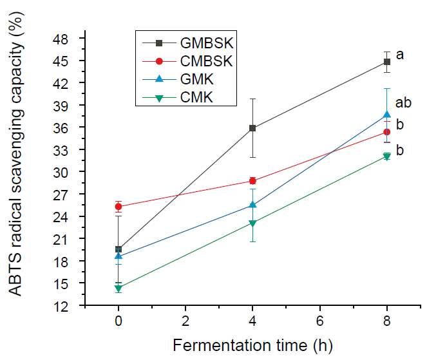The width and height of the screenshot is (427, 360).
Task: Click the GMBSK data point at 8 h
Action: point(386,62)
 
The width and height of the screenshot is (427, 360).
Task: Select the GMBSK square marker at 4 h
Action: point(252,128)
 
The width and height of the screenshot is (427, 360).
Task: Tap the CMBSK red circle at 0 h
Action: point(119,207)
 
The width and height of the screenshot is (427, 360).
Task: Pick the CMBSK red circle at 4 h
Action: point(252,181)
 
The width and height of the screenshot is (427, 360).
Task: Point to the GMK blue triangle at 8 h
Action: point(386,115)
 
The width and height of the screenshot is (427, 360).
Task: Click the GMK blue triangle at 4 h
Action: point(252,205)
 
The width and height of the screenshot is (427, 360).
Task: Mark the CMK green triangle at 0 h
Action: point(119,289)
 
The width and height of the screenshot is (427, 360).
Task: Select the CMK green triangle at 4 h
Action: point(252,223)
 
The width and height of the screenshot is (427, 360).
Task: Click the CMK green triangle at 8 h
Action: point(386,156)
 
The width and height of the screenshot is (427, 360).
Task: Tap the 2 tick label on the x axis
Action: point(185,320)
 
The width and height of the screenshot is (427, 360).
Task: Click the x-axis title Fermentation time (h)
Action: point(252,345)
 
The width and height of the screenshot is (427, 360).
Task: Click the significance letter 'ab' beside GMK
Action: point(403,102)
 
